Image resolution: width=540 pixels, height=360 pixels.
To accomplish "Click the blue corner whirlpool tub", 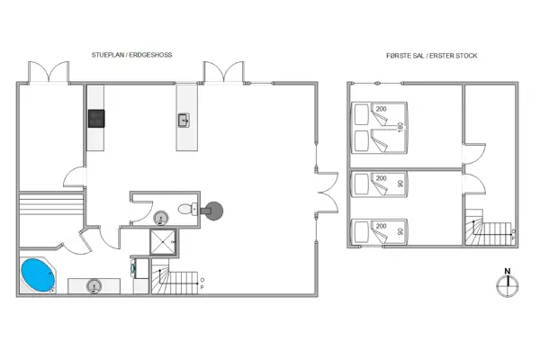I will [x=38, y=275].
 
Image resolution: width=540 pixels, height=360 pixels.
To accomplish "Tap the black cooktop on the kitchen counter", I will [x=96, y=118].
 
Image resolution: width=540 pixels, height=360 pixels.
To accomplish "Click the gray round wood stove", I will [x=214, y=209].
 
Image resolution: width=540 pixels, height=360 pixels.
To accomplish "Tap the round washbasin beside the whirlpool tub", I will [x=93, y=286].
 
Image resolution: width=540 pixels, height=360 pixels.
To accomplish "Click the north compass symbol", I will [x=508, y=283].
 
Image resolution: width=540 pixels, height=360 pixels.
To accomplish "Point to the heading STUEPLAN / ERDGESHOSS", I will [x=131, y=56].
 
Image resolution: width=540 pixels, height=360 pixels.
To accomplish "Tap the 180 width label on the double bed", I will [x=400, y=128].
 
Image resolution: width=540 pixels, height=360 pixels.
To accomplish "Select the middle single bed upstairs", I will [x=378, y=184].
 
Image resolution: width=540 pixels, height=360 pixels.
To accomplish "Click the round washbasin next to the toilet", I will [x=162, y=216].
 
